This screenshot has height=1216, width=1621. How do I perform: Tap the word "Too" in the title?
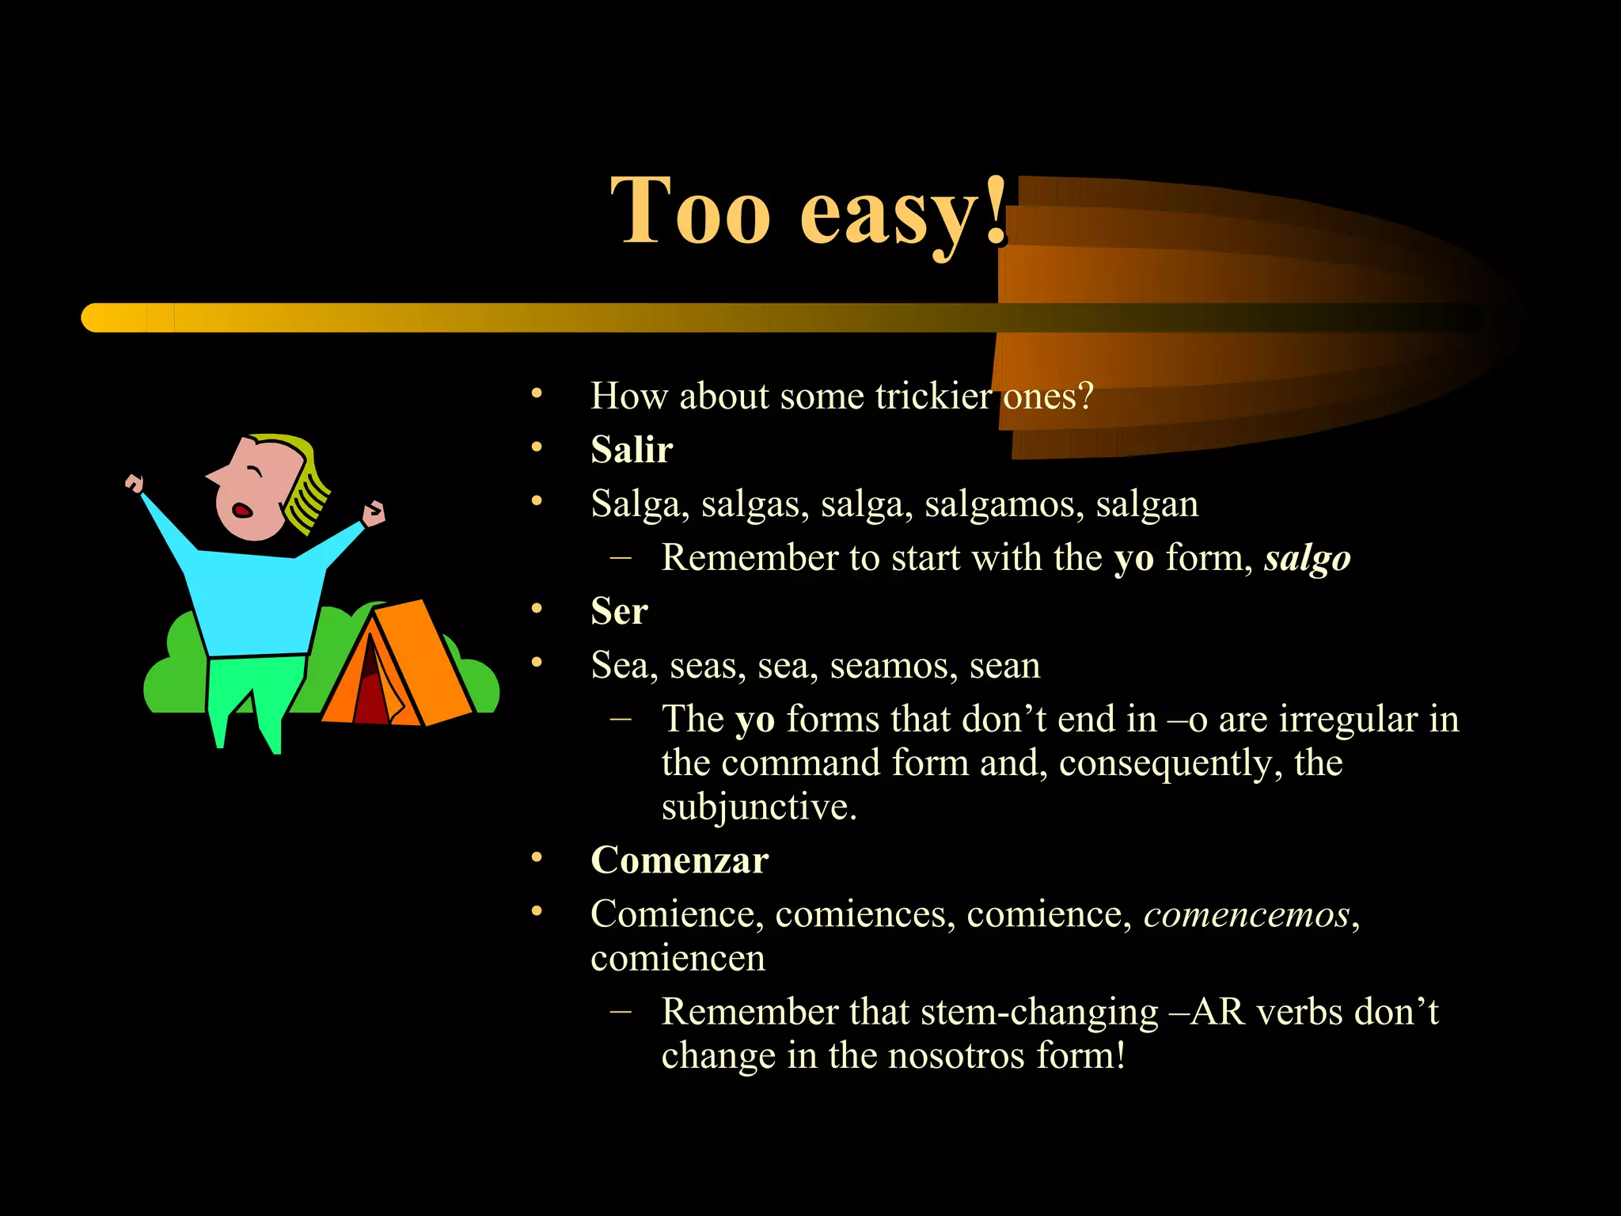tap(690, 212)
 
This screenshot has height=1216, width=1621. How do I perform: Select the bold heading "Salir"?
tap(632, 450)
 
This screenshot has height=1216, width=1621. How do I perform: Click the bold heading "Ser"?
tap(619, 611)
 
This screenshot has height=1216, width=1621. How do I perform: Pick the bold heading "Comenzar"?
tap(680, 861)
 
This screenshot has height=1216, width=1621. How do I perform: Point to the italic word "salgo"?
tap(1307, 558)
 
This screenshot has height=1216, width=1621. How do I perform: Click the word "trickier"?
tap(933, 396)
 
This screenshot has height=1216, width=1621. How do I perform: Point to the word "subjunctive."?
tap(759, 807)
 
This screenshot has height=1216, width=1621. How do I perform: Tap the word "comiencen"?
tap(678, 959)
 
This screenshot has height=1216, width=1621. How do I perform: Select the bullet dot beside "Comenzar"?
tap(537, 858)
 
